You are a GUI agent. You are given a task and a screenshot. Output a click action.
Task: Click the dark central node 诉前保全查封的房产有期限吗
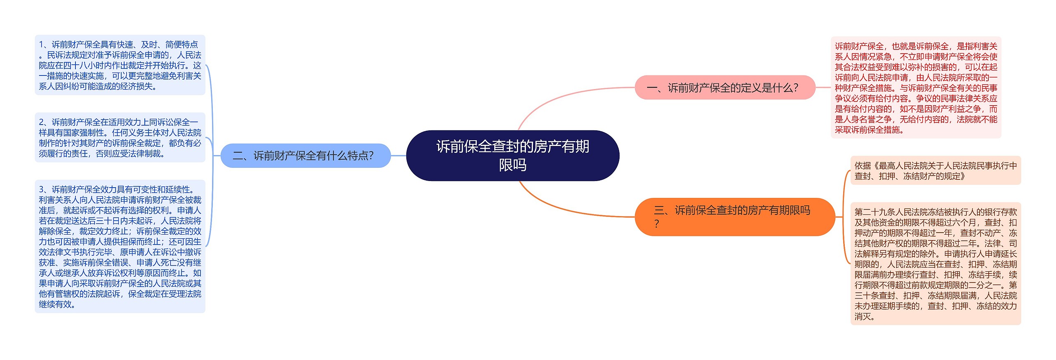tap(512, 155)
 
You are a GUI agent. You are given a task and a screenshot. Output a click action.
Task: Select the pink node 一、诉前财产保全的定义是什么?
tap(725, 87)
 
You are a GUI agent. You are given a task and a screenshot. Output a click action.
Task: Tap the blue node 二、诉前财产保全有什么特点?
tap(305, 155)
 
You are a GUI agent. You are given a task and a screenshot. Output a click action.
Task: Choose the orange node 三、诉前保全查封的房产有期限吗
tap(734, 217)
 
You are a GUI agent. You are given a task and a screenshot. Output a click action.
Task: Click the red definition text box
tap(916, 87)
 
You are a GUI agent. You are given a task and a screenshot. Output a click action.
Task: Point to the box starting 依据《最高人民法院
tap(935, 171)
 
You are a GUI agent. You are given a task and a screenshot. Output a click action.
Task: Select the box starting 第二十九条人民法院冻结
tap(935, 264)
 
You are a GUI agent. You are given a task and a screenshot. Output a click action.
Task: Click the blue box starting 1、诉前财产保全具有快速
tap(120, 65)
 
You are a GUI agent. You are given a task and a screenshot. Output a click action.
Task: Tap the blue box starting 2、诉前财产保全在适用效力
tap(120, 138)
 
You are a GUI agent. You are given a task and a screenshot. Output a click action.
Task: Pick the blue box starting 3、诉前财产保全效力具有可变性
tap(120, 247)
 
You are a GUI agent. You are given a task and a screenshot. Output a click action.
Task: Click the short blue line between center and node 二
tap(398, 155)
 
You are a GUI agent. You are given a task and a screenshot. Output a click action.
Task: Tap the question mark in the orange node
tap(657, 224)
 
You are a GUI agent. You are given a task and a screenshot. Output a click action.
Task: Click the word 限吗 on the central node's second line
tap(512, 165)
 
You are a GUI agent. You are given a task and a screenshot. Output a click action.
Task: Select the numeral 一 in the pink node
tap(652, 88)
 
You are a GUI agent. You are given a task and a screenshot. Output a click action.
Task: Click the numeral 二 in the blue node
tap(238, 156)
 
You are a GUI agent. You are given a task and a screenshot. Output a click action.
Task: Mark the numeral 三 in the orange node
tap(659, 211)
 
